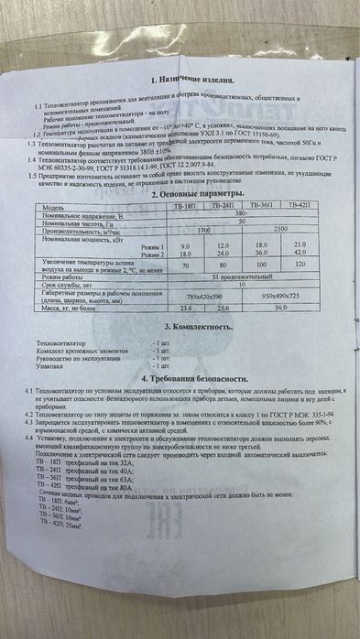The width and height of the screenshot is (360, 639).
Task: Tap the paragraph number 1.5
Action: [31, 176]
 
